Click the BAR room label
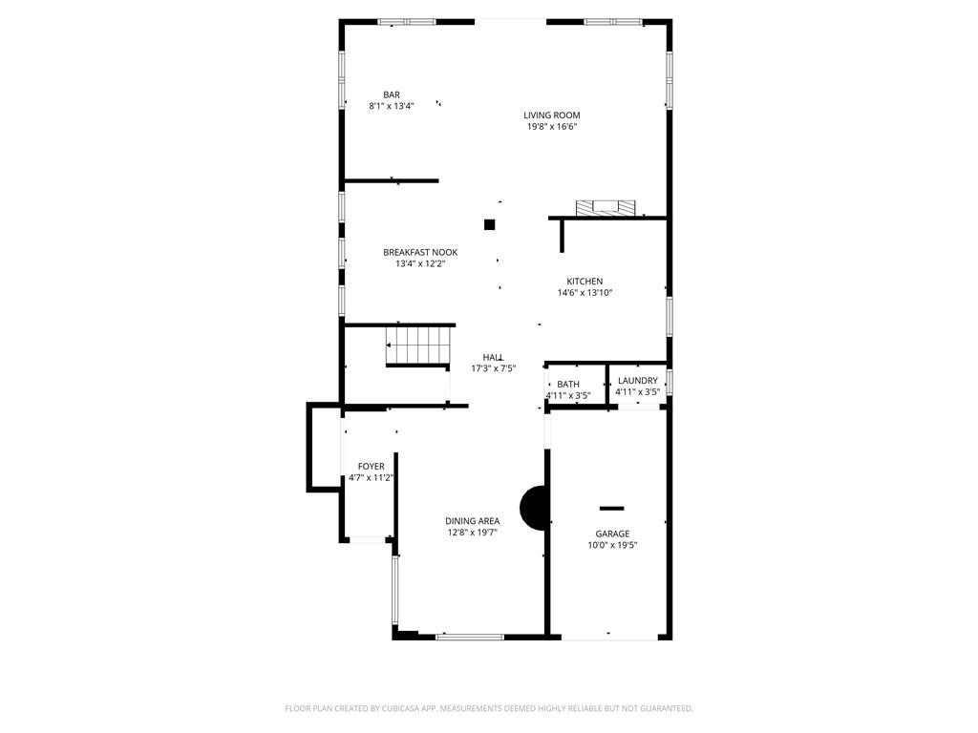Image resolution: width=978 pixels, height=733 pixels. pyautogui.click(x=392, y=94)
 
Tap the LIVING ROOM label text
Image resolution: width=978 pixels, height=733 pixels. pyautogui.click(x=552, y=115)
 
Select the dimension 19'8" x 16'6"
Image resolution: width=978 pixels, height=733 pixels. pyautogui.click(x=552, y=127)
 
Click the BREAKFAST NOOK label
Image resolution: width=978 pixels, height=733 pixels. pyautogui.click(x=420, y=253)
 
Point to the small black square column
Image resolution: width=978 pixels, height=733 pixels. pyautogui.click(x=490, y=224)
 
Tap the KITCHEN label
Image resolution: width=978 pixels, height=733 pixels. pyautogui.click(x=585, y=282)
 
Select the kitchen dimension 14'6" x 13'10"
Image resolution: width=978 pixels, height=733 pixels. pyautogui.click(x=585, y=293)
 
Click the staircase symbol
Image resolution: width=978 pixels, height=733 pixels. pyautogui.click(x=417, y=345)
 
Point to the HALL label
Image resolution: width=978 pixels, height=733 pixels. pyautogui.click(x=493, y=357)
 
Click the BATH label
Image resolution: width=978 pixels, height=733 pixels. pyautogui.click(x=568, y=385)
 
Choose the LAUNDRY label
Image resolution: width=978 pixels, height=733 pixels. pyautogui.click(x=637, y=381)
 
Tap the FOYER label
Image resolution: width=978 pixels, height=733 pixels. pyautogui.click(x=372, y=467)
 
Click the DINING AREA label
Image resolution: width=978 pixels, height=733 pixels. pyautogui.click(x=472, y=521)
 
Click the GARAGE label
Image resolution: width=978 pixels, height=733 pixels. pyautogui.click(x=612, y=534)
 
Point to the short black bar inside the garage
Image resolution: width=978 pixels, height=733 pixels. pyautogui.click(x=611, y=508)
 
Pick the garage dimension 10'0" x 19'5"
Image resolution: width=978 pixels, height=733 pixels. pyautogui.click(x=612, y=546)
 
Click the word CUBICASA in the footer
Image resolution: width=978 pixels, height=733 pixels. pyautogui.click(x=422, y=708)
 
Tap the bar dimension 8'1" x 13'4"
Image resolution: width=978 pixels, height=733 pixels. pyautogui.click(x=392, y=106)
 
